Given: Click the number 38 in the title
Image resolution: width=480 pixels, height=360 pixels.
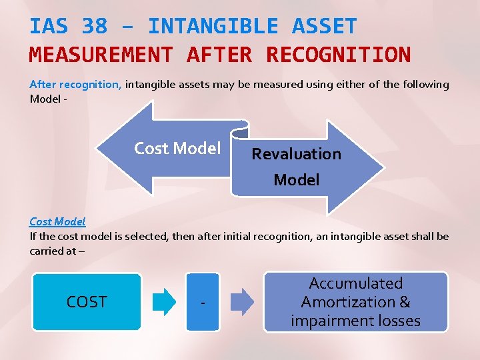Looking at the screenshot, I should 95,27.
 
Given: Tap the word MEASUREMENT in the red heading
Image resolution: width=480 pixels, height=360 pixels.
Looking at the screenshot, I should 101,54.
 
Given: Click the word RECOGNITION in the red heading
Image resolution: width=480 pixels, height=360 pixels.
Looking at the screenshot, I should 338,54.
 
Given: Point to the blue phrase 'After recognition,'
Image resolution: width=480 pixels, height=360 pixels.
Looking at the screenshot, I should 75,85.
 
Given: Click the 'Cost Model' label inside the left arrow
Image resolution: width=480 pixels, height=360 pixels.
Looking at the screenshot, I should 177,148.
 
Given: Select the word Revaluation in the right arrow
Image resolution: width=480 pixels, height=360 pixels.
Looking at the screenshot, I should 296,154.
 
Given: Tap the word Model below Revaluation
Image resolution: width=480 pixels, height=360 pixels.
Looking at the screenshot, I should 296,180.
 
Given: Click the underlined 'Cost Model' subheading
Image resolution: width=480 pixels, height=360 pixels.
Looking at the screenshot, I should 57,221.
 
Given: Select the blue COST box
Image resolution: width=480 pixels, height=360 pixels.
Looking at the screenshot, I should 87,302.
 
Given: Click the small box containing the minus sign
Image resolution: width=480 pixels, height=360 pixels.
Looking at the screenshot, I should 203,302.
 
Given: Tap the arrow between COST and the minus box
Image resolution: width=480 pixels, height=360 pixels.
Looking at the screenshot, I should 165,302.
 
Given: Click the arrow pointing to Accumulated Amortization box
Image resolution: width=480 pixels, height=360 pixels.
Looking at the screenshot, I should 242,302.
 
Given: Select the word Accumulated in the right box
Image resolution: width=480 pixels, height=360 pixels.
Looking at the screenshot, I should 356,283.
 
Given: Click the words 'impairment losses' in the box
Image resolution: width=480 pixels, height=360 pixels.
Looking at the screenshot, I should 355,321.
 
